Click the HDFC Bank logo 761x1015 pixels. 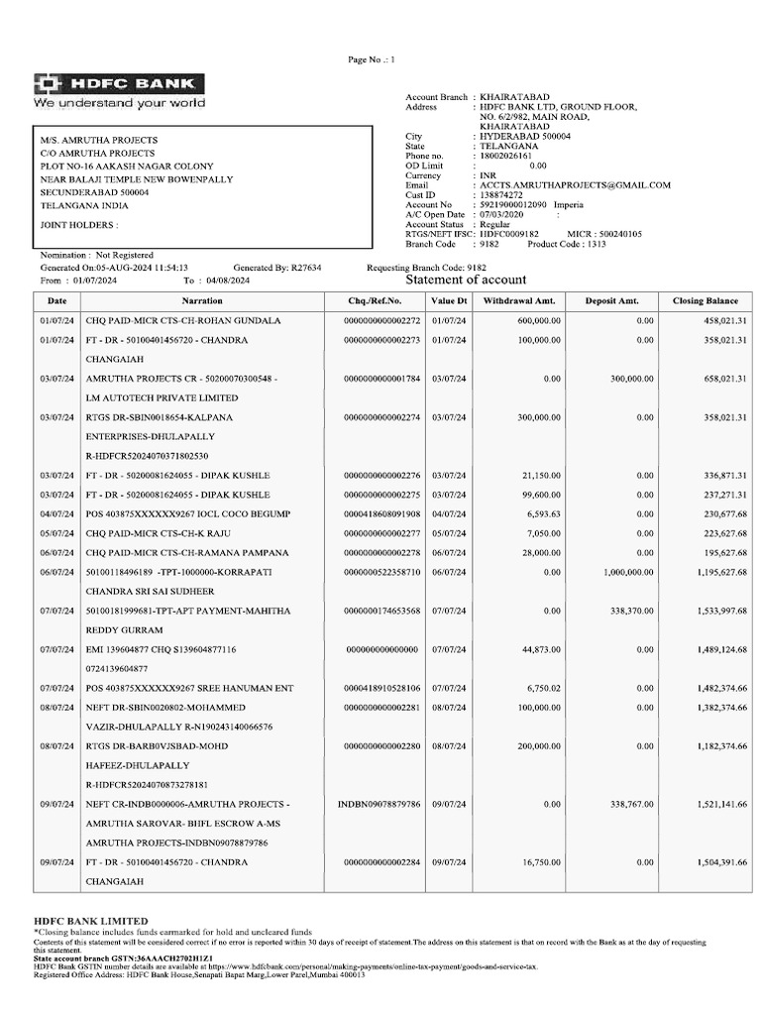coord(119,84)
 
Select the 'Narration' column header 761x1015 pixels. coord(202,300)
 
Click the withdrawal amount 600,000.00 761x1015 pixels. coord(539,321)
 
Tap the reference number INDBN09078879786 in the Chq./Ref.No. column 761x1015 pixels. coord(380,804)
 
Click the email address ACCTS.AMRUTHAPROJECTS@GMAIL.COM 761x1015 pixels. coord(575,185)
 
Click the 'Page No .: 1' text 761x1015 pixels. coord(372,60)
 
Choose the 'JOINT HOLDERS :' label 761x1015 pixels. coord(79,225)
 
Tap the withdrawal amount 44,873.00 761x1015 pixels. coord(541,649)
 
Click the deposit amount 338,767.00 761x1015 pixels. coord(630,804)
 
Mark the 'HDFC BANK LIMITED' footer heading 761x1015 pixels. coord(91,921)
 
